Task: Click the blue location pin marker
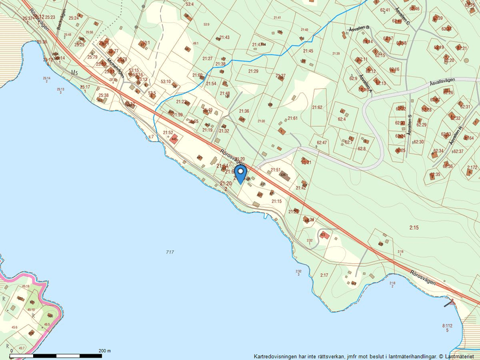(240, 174)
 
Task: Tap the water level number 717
(170, 252)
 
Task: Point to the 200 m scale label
(105, 351)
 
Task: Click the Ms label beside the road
(74, 72)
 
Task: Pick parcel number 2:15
(414, 227)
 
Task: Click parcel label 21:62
(317, 108)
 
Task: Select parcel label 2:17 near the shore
(324, 275)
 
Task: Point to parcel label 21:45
(308, 51)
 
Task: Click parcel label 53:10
(166, 81)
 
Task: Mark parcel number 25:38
(104, 95)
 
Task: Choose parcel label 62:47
(322, 142)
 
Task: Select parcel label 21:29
(253, 71)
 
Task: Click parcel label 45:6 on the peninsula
(15, 328)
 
